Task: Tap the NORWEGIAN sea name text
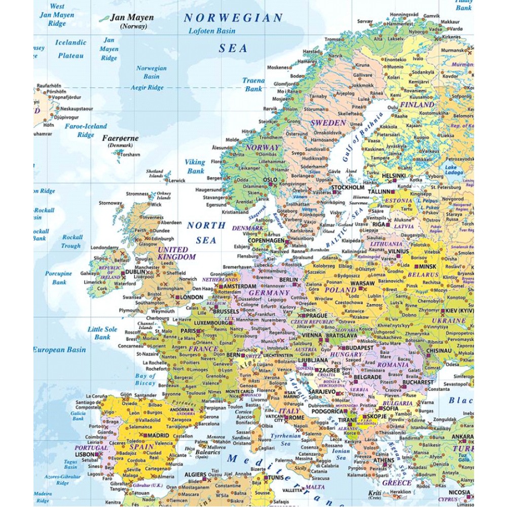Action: [x=233, y=18]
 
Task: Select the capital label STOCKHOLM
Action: [x=348, y=187]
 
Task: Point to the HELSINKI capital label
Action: [x=393, y=176]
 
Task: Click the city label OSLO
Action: [x=270, y=179]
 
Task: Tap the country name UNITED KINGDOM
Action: [x=176, y=253]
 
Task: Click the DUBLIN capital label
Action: [x=136, y=272]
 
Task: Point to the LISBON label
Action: [x=85, y=455]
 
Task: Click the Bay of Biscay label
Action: [x=145, y=379]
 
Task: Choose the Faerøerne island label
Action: [x=120, y=138]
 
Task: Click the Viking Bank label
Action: [x=195, y=166]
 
